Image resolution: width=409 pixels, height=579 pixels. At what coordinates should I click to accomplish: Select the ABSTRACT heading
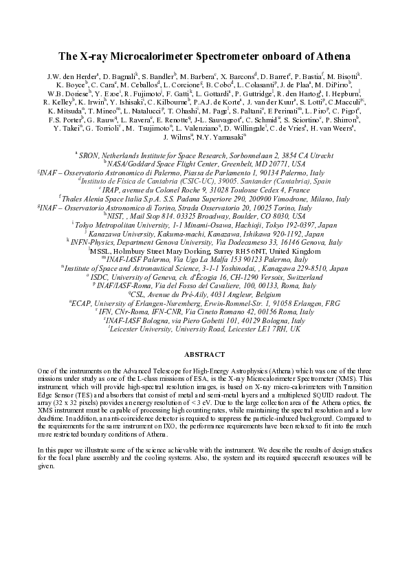(x=204, y=354)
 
